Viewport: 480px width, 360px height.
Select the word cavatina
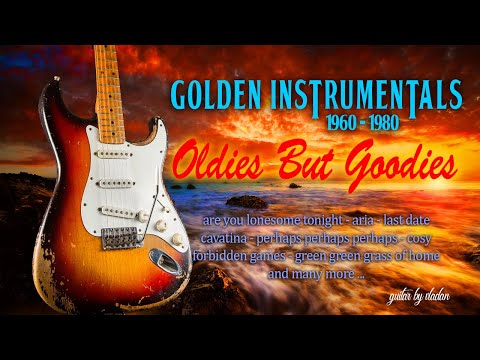(232, 238)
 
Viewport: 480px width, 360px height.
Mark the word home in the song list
(423, 256)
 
